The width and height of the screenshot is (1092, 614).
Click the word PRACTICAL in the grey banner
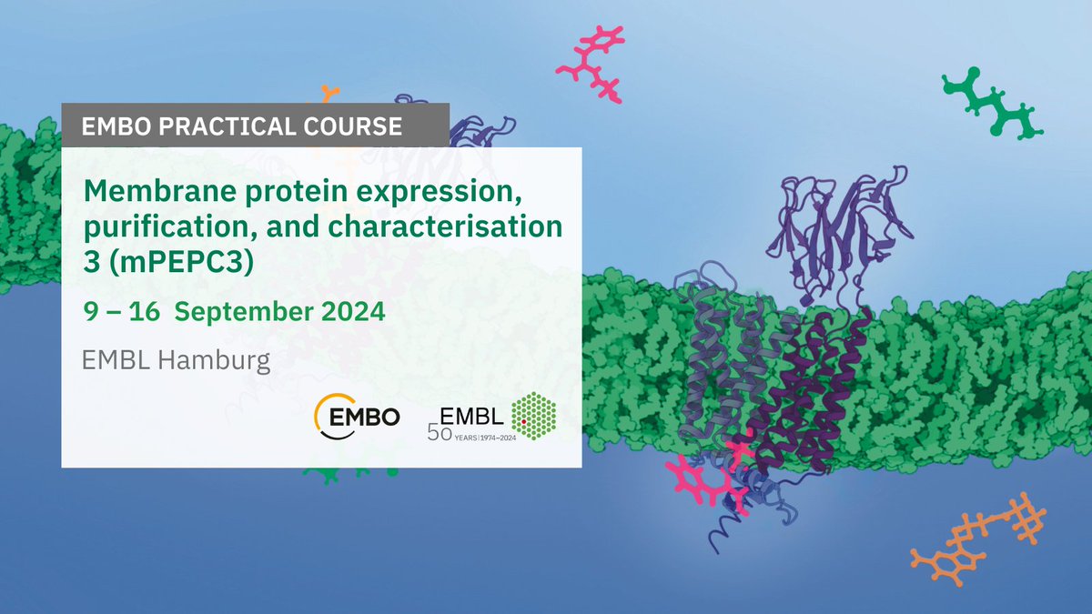click(227, 126)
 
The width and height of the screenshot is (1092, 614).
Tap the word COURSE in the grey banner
click(353, 126)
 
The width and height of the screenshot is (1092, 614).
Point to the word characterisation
click(446, 226)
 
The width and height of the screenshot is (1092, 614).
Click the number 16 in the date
click(145, 311)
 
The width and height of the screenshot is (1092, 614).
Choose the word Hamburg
click(214, 361)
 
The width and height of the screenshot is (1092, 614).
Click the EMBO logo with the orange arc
click(357, 417)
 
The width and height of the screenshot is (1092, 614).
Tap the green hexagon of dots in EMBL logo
click(534, 416)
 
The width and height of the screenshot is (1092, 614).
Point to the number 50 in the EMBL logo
click(440, 432)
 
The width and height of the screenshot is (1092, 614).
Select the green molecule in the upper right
click(992, 104)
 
